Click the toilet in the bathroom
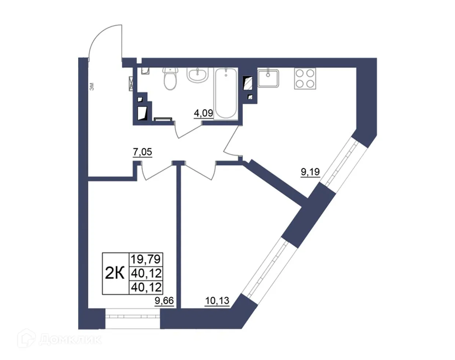click(170, 79)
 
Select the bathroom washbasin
click(198, 75)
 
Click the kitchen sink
click(268, 78)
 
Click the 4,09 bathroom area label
click(203, 113)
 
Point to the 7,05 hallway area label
click(142, 152)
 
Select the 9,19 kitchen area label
click(310, 171)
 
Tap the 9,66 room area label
click(164, 301)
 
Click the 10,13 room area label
click(217, 301)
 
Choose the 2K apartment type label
click(115, 273)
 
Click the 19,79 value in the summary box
click(146, 259)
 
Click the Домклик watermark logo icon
click(26, 338)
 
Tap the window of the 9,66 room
click(132, 319)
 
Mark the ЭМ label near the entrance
click(92, 87)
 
